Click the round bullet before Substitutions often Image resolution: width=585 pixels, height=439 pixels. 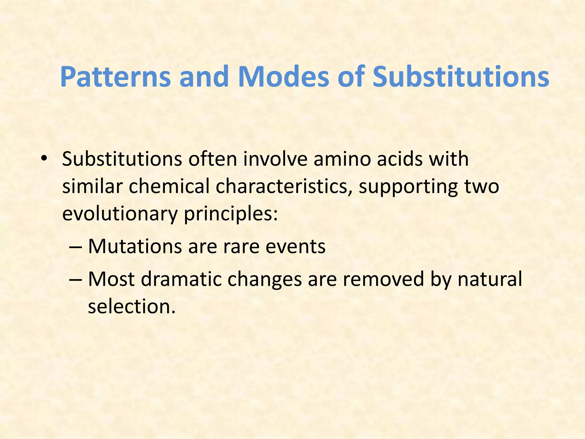point(43,159)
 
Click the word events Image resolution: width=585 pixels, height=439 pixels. point(295,247)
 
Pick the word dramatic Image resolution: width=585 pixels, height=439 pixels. point(181,279)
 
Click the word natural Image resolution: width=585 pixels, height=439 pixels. point(490,279)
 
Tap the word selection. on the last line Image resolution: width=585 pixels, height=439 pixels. point(131,306)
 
